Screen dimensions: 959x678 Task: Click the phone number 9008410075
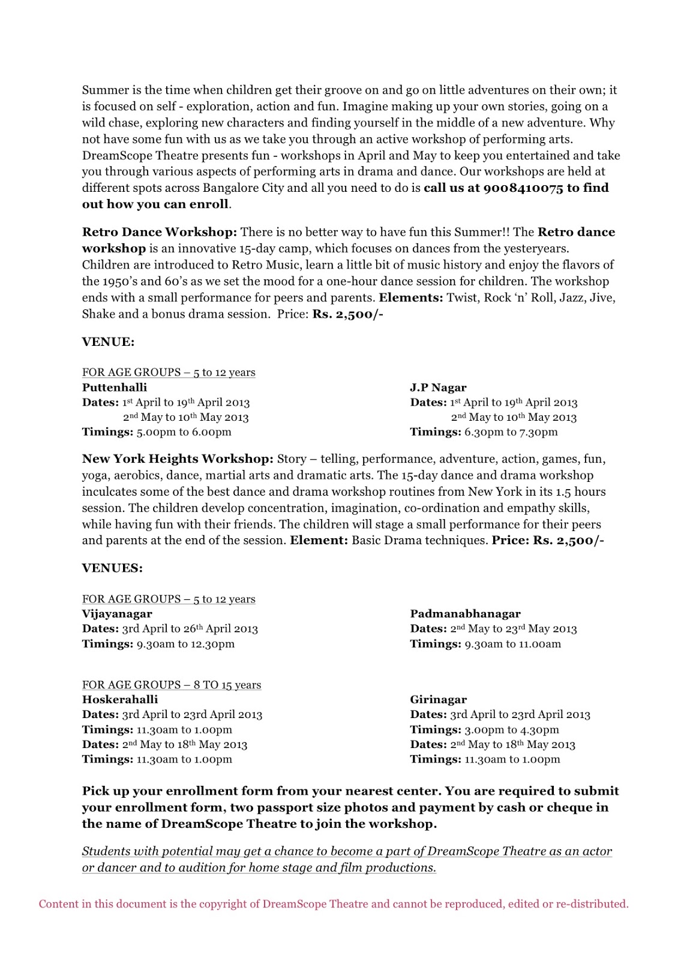[523, 188]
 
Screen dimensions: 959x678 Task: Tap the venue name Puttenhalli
[114, 387]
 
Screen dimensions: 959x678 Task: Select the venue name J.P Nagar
[438, 387]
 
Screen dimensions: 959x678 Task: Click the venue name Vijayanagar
[117, 614]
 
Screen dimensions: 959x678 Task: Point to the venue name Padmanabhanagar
[465, 614]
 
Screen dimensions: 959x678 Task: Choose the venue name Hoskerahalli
[120, 699]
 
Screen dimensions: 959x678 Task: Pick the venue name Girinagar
[438, 699]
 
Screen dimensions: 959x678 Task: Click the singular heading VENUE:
[108, 342]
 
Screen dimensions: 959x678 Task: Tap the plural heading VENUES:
[112, 568]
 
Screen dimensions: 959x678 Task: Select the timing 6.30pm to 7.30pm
[511, 432]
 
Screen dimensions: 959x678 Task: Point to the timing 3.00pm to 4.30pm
[511, 730]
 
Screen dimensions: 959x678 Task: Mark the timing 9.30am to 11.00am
[512, 644]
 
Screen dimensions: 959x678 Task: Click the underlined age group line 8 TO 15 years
[172, 684]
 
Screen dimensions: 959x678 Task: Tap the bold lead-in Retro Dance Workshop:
[160, 232]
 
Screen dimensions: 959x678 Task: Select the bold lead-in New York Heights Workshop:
[178, 459]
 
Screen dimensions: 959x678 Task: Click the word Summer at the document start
[106, 90]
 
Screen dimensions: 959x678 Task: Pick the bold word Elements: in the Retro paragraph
[411, 298]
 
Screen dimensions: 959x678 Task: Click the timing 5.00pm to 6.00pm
[184, 432]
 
